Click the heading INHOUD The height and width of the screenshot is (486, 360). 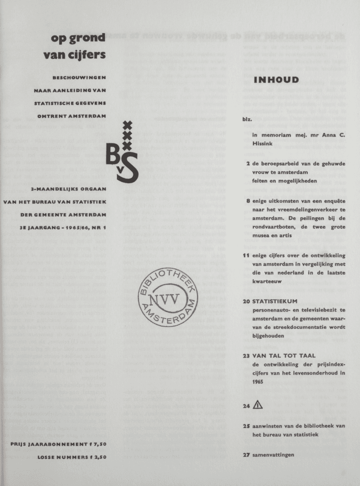pyautogui.click(x=276, y=81)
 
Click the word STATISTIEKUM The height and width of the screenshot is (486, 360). pyautogui.click(x=274, y=301)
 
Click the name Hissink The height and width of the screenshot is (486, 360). pyautogui.click(x=262, y=143)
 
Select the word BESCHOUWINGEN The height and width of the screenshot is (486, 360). pyautogui.click(x=79, y=78)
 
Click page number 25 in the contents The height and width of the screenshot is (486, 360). pyautogui.click(x=246, y=425)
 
